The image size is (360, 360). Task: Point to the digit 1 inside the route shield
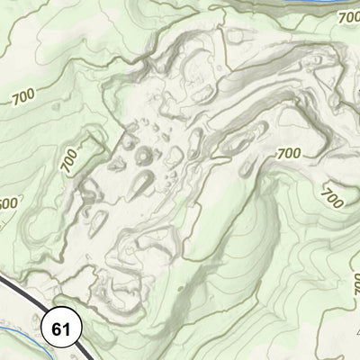(x=66, y=328)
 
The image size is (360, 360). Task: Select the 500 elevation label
(x=6, y=203)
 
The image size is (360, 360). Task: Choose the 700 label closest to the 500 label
(x=69, y=160)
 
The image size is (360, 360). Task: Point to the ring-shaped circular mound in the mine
(x=144, y=157)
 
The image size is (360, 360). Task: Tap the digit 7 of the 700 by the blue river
(x=339, y=19)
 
